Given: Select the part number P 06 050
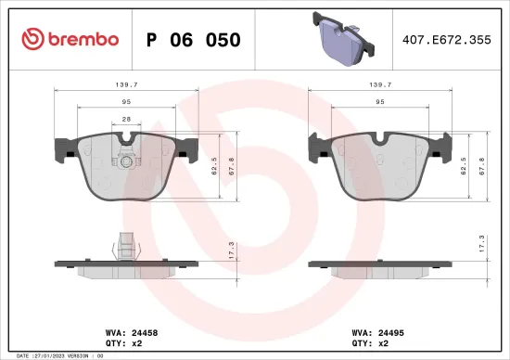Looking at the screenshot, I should click(194, 40).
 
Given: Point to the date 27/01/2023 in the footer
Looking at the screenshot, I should click(47, 354).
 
